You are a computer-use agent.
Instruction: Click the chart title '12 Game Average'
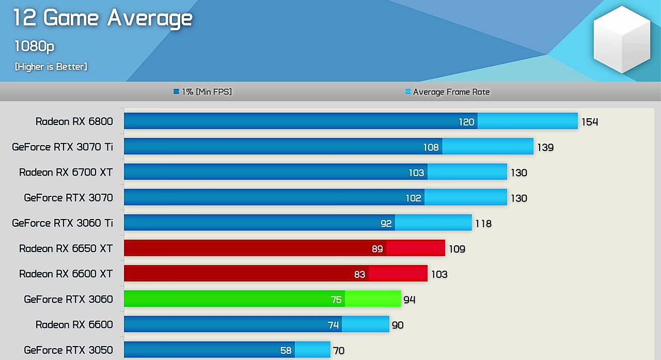click(x=103, y=18)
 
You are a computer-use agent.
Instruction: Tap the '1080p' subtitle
click(x=34, y=46)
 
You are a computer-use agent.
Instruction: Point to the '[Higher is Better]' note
click(x=51, y=67)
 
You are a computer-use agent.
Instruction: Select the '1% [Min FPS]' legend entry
click(x=203, y=92)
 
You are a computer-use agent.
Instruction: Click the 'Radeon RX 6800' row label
click(x=74, y=121)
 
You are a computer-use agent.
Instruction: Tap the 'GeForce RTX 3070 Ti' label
click(x=62, y=147)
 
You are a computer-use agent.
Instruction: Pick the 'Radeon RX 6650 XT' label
click(x=66, y=248)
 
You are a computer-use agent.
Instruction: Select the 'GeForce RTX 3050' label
click(x=68, y=350)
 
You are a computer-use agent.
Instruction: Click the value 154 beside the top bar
click(x=590, y=122)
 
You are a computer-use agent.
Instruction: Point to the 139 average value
click(x=545, y=148)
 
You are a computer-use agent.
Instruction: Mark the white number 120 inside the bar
click(x=466, y=122)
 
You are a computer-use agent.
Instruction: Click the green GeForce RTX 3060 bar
click(x=262, y=299)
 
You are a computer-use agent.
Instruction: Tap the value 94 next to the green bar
click(x=410, y=300)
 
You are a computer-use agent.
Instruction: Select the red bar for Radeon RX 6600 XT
click(x=275, y=273)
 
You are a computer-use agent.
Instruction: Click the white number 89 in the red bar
click(x=377, y=249)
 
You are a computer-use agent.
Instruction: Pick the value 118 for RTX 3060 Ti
click(x=483, y=224)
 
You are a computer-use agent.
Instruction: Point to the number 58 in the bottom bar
click(x=286, y=351)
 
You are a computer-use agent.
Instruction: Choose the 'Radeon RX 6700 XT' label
click(x=66, y=172)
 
